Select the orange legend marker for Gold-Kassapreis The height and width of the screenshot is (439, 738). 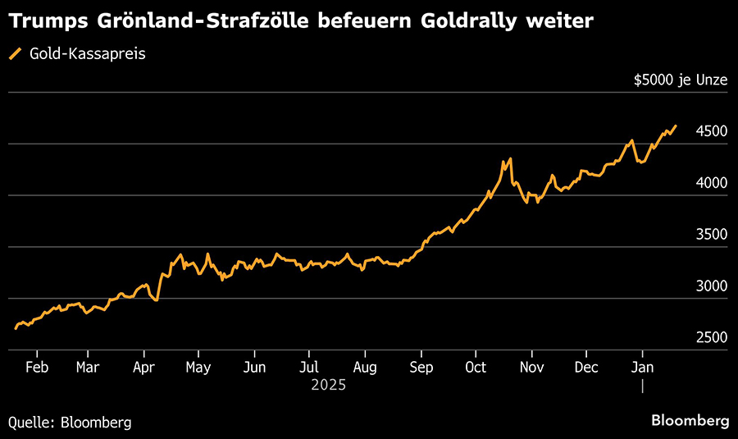pyautogui.click(x=15, y=54)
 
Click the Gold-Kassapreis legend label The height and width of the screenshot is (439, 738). pyautogui.click(x=88, y=54)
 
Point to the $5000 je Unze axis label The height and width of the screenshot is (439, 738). pyautogui.click(x=681, y=80)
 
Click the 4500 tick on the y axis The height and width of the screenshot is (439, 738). pyautogui.click(x=712, y=131)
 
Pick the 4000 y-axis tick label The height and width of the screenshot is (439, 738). pyautogui.click(x=712, y=183)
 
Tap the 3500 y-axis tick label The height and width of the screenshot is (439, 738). pyautogui.click(x=712, y=235)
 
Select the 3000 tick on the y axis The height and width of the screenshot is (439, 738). pyautogui.click(x=712, y=286)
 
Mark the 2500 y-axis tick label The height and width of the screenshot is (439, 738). pyautogui.click(x=712, y=338)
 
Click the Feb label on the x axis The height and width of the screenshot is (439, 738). pyautogui.click(x=37, y=367)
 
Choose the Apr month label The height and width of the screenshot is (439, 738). pyautogui.click(x=144, y=367)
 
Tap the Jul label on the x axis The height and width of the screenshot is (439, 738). pyautogui.click(x=309, y=367)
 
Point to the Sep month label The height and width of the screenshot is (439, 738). pyautogui.click(x=421, y=367)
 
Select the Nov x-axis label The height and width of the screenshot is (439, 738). pyautogui.click(x=532, y=367)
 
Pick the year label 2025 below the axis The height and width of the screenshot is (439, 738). pyautogui.click(x=329, y=384)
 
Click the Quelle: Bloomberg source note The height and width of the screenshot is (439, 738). pyautogui.click(x=70, y=422)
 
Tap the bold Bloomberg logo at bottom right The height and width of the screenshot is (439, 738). pyautogui.click(x=690, y=421)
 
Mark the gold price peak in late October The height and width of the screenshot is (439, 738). pyautogui.click(x=510, y=158)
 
